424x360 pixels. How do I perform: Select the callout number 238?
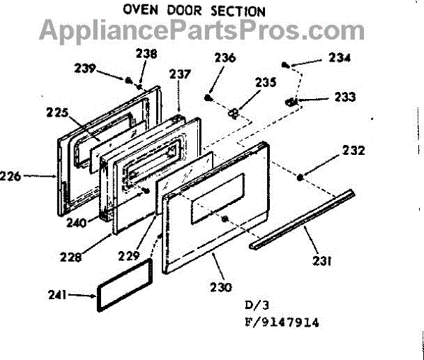pyautogui.click(x=147, y=53)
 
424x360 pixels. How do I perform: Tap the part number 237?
pyautogui.click(x=180, y=74)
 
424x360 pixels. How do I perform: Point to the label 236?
pyautogui.click(x=226, y=58)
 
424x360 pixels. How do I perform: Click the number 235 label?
pyautogui.click(x=266, y=83)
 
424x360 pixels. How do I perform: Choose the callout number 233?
pyautogui.click(x=346, y=97)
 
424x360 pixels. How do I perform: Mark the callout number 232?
pyautogui.click(x=354, y=151)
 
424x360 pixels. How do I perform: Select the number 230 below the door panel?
pyautogui.click(x=220, y=288)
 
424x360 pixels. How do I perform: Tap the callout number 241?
pyautogui.click(x=75, y=296)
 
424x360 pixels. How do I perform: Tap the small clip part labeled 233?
pyautogui.click(x=290, y=102)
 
